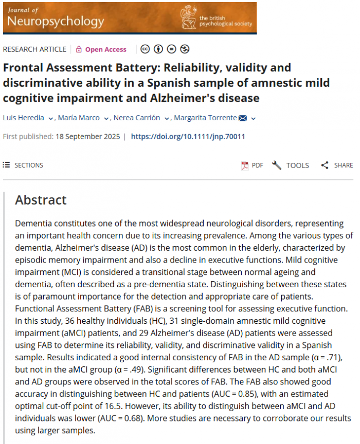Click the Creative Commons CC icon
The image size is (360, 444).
(145, 49)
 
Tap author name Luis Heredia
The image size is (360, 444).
(24, 118)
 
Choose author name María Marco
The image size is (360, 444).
(79, 118)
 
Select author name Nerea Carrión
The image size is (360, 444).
(137, 118)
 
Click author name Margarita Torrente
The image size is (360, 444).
(205, 118)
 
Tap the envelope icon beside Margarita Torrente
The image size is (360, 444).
(243, 118)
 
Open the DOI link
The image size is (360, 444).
(188, 137)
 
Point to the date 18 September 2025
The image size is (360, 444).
(87, 137)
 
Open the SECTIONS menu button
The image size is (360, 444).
(23, 165)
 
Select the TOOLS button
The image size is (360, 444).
(291, 165)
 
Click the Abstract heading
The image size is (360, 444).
(41, 200)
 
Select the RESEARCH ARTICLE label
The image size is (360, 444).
(34, 49)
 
